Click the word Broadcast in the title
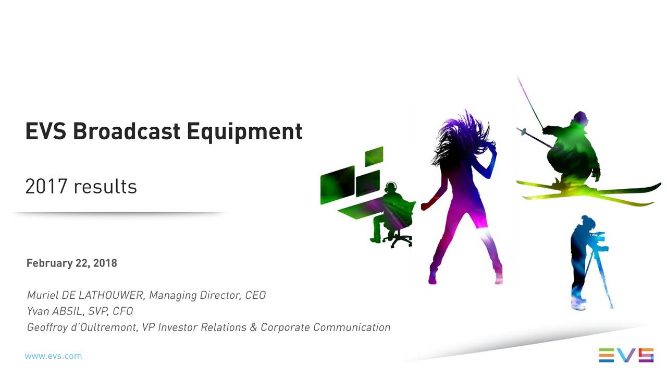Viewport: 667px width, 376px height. [x=127, y=131]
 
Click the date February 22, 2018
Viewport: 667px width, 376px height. [x=72, y=263]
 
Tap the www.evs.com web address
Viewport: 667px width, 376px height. [x=53, y=356]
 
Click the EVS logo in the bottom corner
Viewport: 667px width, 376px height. [x=626, y=355]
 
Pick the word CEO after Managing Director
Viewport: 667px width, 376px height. [x=255, y=296]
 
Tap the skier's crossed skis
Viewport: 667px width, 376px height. [x=589, y=191]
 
